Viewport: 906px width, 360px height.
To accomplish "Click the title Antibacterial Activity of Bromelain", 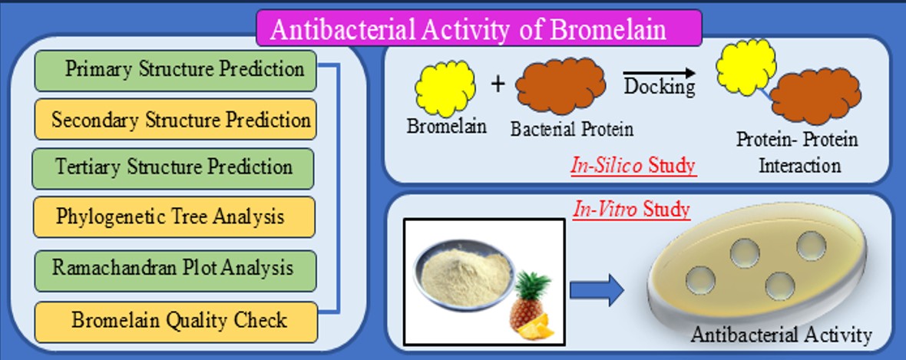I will point(479,28).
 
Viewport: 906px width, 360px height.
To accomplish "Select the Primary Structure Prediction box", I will point(175,70).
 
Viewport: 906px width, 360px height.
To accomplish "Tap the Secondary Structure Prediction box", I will point(175,120).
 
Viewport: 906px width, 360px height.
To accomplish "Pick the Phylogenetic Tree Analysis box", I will point(175,217).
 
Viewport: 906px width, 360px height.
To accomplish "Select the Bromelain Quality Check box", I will point(175,321).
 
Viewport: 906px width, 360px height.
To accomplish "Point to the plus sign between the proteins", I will point(498,84).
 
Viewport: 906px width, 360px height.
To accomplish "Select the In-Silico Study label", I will point(633,165).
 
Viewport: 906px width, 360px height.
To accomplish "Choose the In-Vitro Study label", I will point(631,209).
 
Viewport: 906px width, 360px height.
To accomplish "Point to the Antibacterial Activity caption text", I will point(781,335).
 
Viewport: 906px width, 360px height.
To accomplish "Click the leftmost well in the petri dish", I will point(700,277).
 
